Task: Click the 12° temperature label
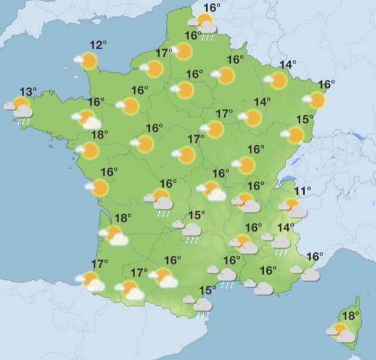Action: click(x=98, y=45)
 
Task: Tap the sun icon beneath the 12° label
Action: click(x=88, y=61)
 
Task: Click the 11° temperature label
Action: click(x=303, y=191)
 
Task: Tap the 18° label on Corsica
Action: click(x=351, y=315)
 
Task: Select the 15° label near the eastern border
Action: click(x=304, y=120)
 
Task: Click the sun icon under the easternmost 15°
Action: click(x=294, y=136)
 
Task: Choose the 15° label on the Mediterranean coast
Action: click(x=207, y=289)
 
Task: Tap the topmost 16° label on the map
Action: click(x=212, y=8)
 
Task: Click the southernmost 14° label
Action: click(x=286, y=227)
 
